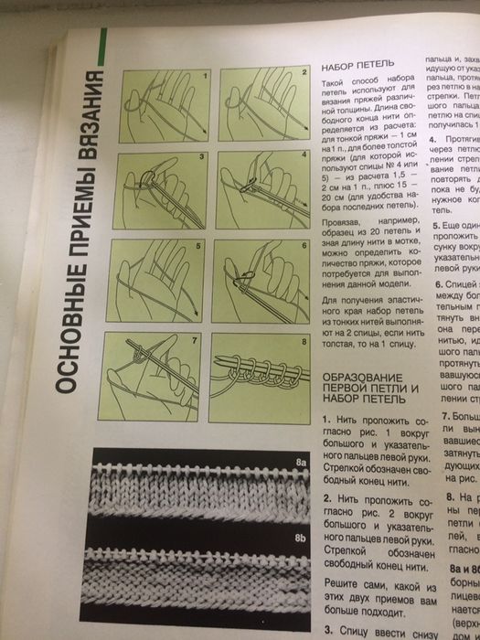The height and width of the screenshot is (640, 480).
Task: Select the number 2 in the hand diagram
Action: click(304, 72)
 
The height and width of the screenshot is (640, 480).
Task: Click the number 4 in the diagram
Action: click(304, 156)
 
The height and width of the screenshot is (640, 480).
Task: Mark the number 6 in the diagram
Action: click(304, 247)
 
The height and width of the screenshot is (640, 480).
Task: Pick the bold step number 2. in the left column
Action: click(327, 499)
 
